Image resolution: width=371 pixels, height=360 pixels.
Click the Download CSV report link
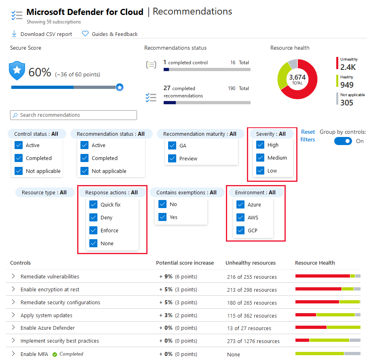pos(42,34)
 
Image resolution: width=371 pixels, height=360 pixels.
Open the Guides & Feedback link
pos(110,34)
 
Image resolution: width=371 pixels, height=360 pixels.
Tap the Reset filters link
pos(308,136)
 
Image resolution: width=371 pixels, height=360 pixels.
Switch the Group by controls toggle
pos(343,141)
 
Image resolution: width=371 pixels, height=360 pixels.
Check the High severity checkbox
pos(260,145)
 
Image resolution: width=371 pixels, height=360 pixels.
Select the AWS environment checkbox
pos(240,218)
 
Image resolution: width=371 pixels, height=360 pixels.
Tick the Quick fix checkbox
pos(93,205)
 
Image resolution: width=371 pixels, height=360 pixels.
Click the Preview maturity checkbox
pos(172,159)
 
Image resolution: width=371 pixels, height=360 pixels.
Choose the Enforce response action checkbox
pos(93,231)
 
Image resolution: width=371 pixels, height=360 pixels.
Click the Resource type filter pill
pos(44,193)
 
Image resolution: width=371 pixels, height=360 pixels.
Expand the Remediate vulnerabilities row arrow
pos(13,276)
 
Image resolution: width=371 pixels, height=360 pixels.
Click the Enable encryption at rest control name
pos(50,290)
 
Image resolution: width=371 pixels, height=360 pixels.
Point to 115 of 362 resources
pos(252,316)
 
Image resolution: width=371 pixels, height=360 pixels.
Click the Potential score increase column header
pos(185,263)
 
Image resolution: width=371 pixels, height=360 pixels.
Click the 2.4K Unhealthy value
pos(348,67)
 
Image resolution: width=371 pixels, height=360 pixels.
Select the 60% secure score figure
pos(40,73)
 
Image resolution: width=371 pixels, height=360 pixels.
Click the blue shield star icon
pos(17,71)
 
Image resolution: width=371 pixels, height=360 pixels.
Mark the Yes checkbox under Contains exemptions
pos(162,217)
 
